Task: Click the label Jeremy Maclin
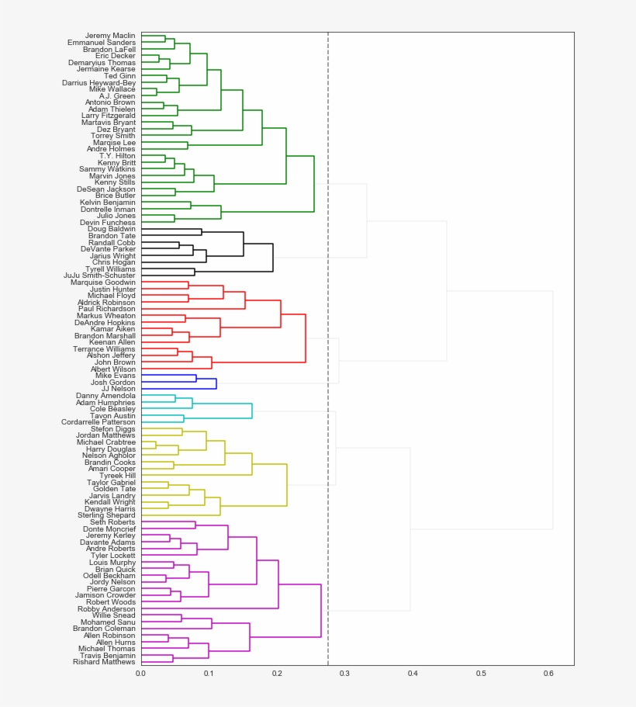[109, 36]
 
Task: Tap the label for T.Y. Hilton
[117, 156]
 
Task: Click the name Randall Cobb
[111, 243]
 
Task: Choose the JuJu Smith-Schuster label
[99, 276]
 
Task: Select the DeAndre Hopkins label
[105, 323]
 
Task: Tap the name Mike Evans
[115, 376]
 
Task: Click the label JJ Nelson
[117, 389]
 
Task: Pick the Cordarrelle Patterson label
[98, 422]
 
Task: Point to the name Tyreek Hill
[116, 476]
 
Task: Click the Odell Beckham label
[109, 576]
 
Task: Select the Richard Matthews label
[103, 662]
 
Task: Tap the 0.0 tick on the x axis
[140, 673]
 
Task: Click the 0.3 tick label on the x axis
[344, 673]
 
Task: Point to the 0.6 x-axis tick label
[549, 673]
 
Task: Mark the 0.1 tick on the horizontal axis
[209, 673]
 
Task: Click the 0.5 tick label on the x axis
[481, 673]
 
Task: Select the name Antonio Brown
[109, 102]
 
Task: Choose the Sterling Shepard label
[105, 515]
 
